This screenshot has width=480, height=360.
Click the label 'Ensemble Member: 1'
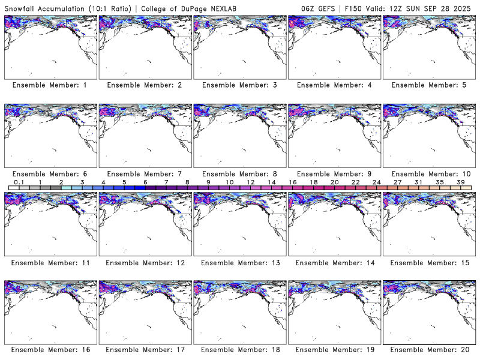coord(50,85)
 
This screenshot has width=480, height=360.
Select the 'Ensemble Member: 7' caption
coord(145,174)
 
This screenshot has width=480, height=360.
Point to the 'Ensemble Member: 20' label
coord(430,350)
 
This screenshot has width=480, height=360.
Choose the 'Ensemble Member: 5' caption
coord(430,85)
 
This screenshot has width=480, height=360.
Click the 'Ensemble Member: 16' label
coord(50,350)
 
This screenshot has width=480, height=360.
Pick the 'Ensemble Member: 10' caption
coord(430,174)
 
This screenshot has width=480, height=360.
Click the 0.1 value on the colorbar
coord(19,182)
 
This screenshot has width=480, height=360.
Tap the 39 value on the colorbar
coord(460,182)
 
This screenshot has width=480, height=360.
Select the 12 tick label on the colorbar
coord(250,182)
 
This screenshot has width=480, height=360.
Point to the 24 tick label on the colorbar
coord(376,182)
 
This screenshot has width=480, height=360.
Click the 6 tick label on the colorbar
coord(145,182)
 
